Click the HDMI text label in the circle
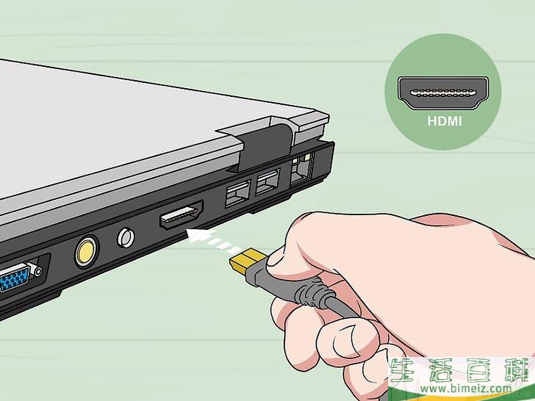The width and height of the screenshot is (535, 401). click(x=444, y=121)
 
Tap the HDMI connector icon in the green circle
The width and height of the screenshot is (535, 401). click(x=443, y=93)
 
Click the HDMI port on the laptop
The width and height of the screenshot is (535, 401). click(x=182, y=214)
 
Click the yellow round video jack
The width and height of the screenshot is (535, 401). click(x=86, y=253)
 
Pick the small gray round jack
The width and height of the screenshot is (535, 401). click(x=126, y=237)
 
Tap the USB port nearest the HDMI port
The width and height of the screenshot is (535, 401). click(x=237, y=193)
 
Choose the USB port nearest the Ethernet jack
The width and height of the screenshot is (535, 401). click(x=267, y=181)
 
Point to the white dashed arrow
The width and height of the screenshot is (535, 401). click(x=209, y=241)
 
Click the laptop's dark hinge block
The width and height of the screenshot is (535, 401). click(x=265, y=145)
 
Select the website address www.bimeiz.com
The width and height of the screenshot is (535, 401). click(x=466, y=388)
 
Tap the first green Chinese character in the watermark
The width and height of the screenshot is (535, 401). click(x=406, y=369)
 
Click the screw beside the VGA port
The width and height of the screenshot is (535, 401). click(x=37, y=272)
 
